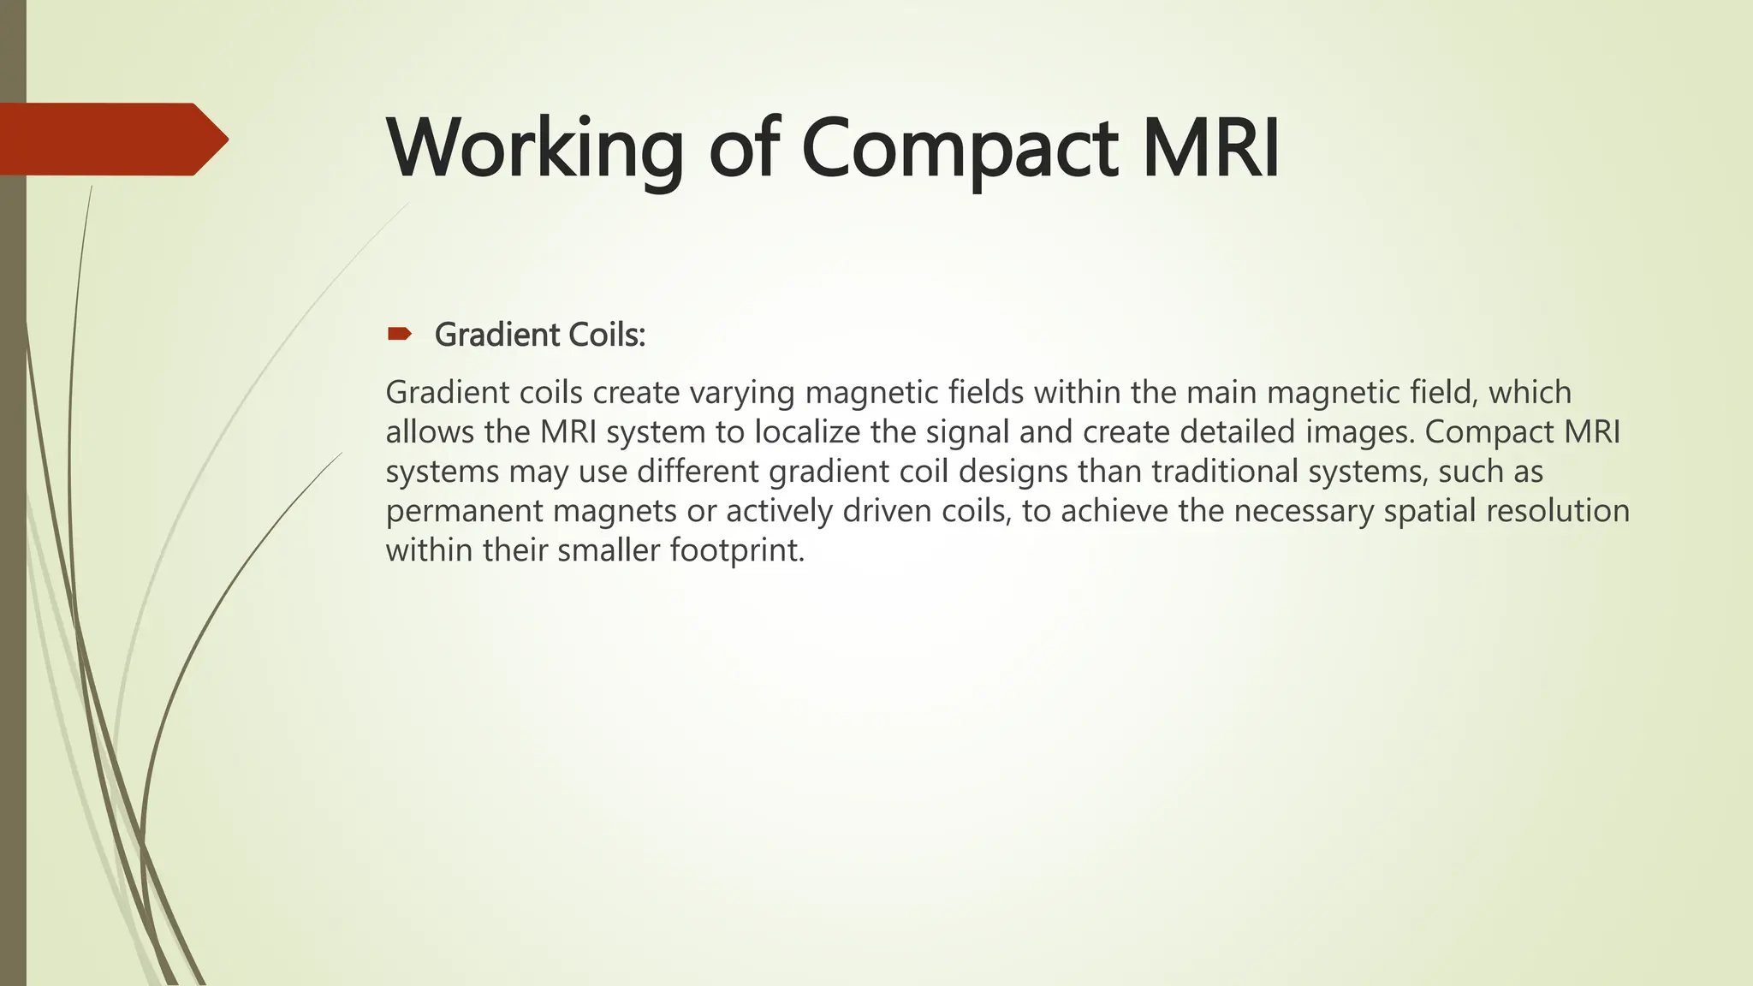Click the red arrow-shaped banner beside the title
click(x=111, y=139)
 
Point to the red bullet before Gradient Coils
click(x=399, y=334)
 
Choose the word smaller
click(x=609, y=550)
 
